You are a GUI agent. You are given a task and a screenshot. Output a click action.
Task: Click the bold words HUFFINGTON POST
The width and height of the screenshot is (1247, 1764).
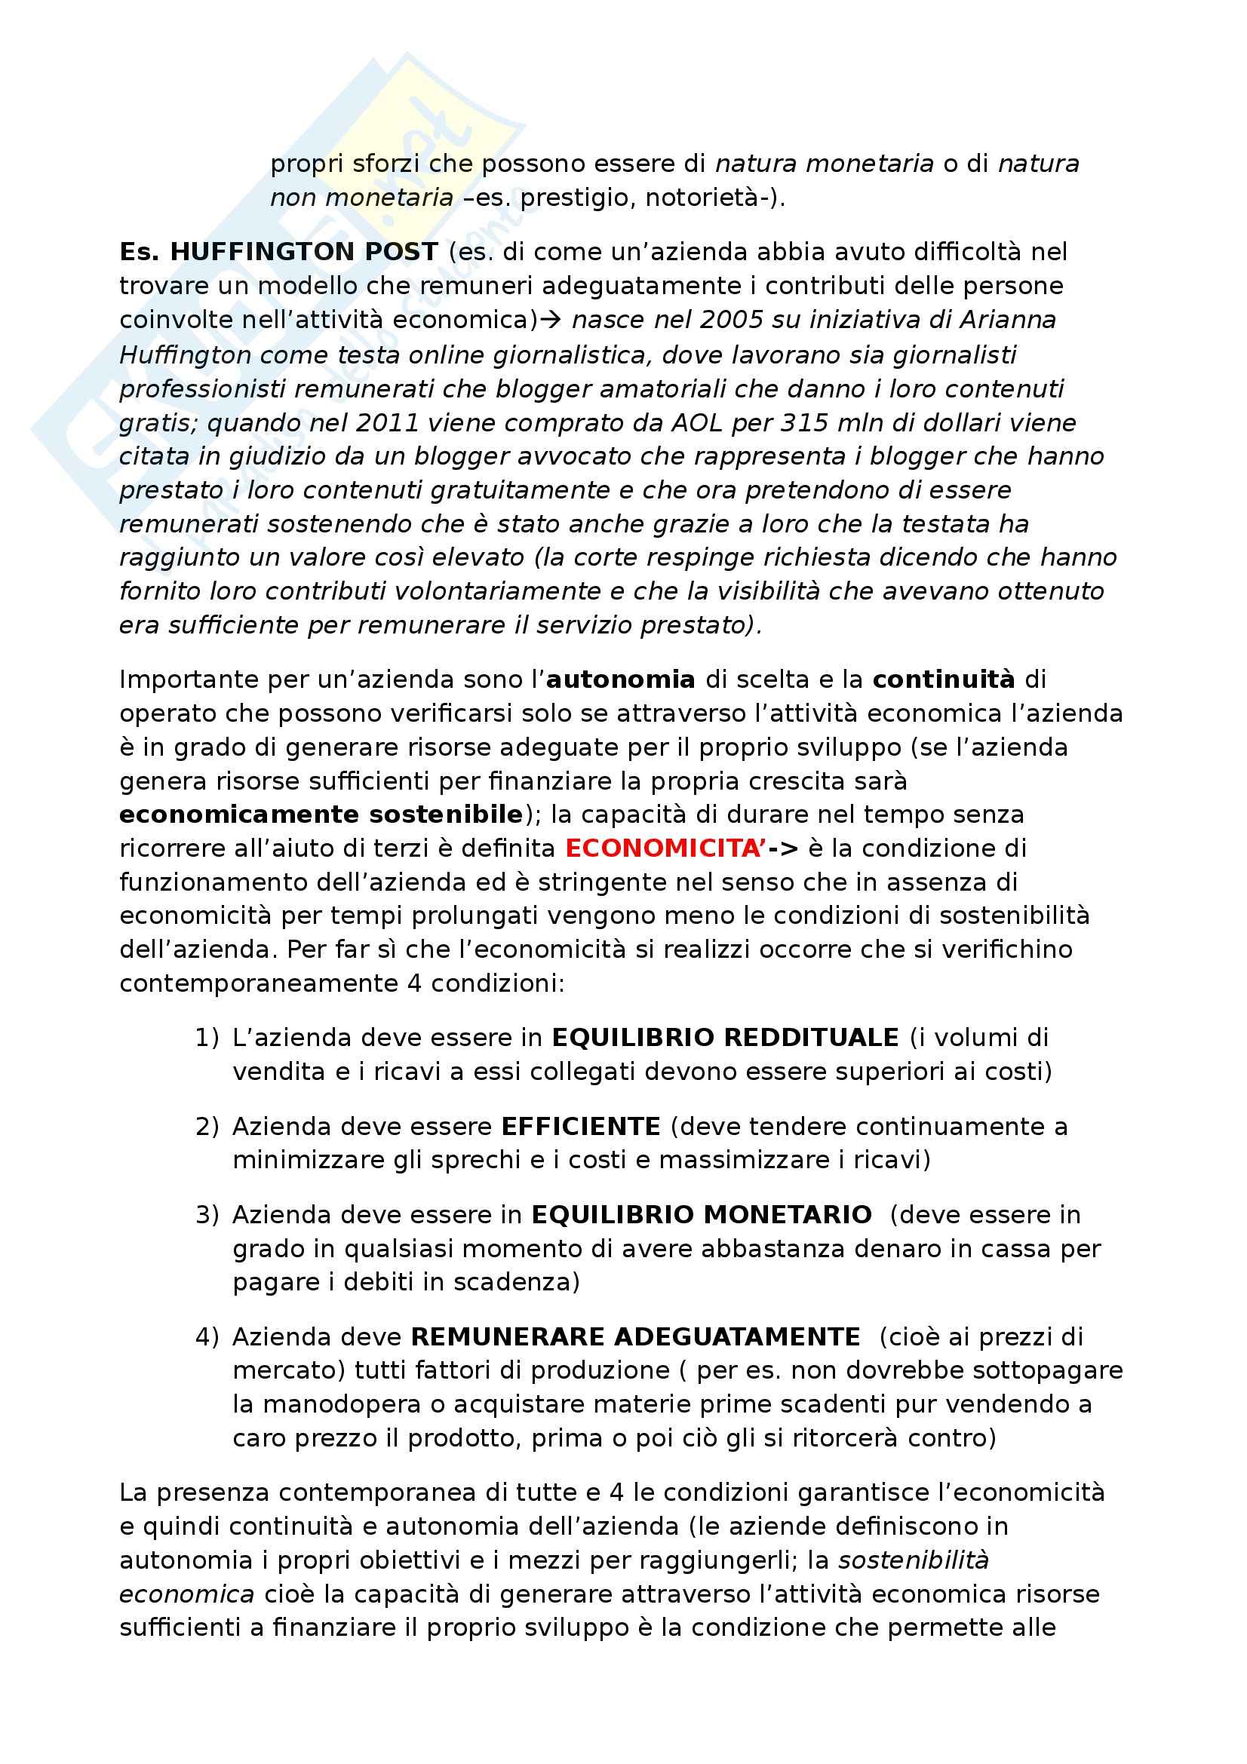click(x=303, y=252)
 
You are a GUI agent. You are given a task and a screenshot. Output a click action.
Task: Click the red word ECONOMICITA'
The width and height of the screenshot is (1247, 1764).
click(x=663, y=848)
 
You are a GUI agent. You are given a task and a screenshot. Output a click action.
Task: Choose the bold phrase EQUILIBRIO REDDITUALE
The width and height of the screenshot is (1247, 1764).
click(x=724, y=1038)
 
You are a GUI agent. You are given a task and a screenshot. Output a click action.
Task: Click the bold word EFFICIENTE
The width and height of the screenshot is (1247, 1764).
click(x=580, y=1126)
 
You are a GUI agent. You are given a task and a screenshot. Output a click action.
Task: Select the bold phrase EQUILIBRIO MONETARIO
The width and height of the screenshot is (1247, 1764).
click(x=702, y=1215)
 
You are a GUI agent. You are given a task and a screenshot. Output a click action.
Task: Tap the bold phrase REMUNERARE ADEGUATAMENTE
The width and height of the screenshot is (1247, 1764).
click(x=635, y=1337)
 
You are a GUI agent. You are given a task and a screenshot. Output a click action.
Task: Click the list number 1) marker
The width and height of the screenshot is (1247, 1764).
click(x=206, y=1038)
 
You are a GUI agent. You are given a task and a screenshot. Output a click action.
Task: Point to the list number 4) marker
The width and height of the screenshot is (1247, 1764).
click(x=206, y=1337)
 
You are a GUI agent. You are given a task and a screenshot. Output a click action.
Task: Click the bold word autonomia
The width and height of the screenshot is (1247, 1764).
click(x=620, y=680)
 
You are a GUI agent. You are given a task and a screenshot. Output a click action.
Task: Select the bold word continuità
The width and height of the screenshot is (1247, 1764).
click(x=944, y=680)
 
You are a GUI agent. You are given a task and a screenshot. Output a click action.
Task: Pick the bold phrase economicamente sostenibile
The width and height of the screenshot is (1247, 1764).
click(x=321, y=815)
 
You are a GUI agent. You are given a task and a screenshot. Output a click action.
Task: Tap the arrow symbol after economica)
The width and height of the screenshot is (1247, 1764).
click(x=551, y=320)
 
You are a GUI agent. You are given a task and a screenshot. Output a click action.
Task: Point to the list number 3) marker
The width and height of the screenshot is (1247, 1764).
click(x=206, y=1215)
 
